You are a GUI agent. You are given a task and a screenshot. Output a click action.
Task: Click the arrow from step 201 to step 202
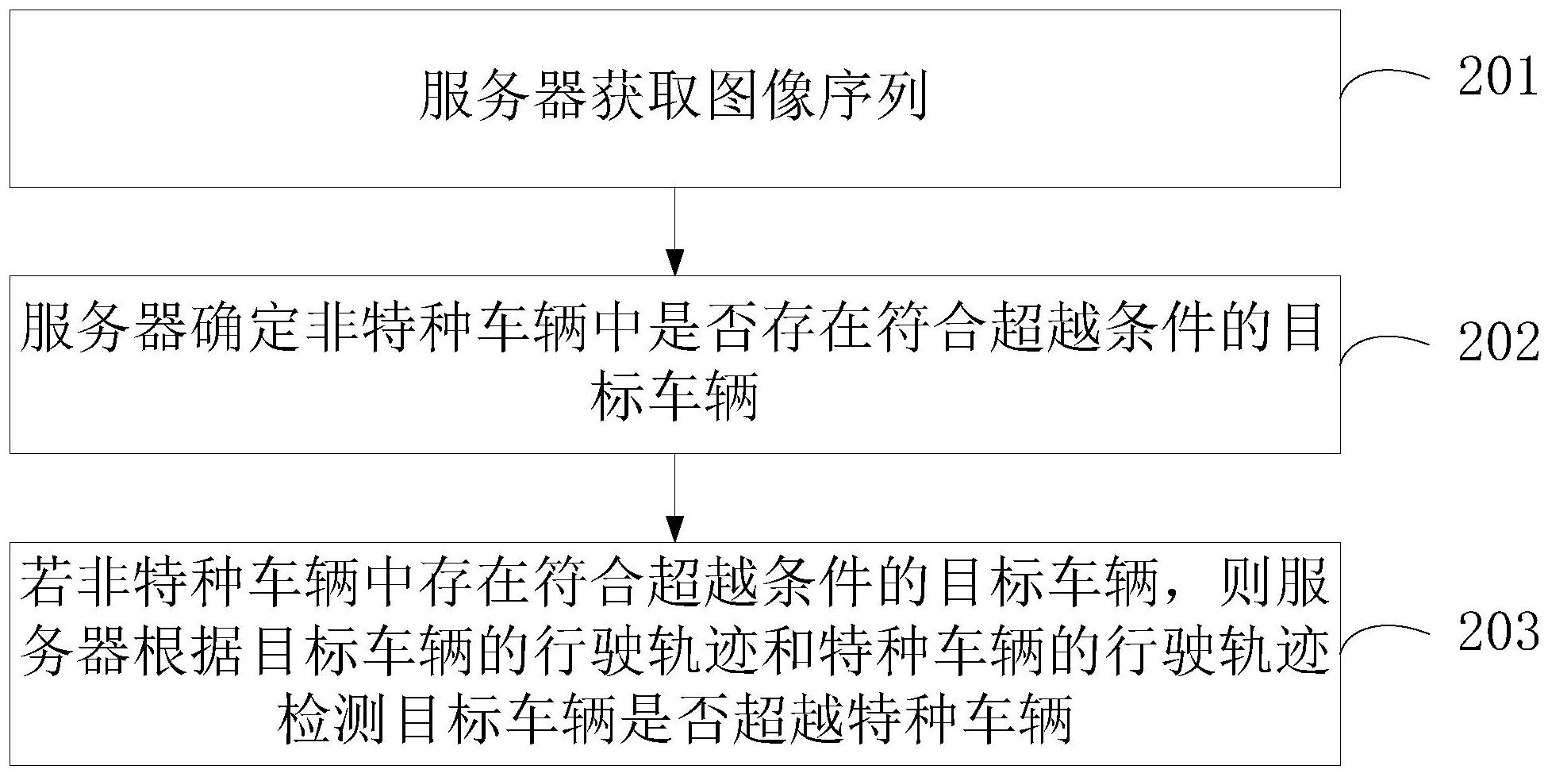click(674, 231)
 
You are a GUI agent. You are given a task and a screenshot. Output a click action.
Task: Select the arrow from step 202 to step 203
click(674, 498)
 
